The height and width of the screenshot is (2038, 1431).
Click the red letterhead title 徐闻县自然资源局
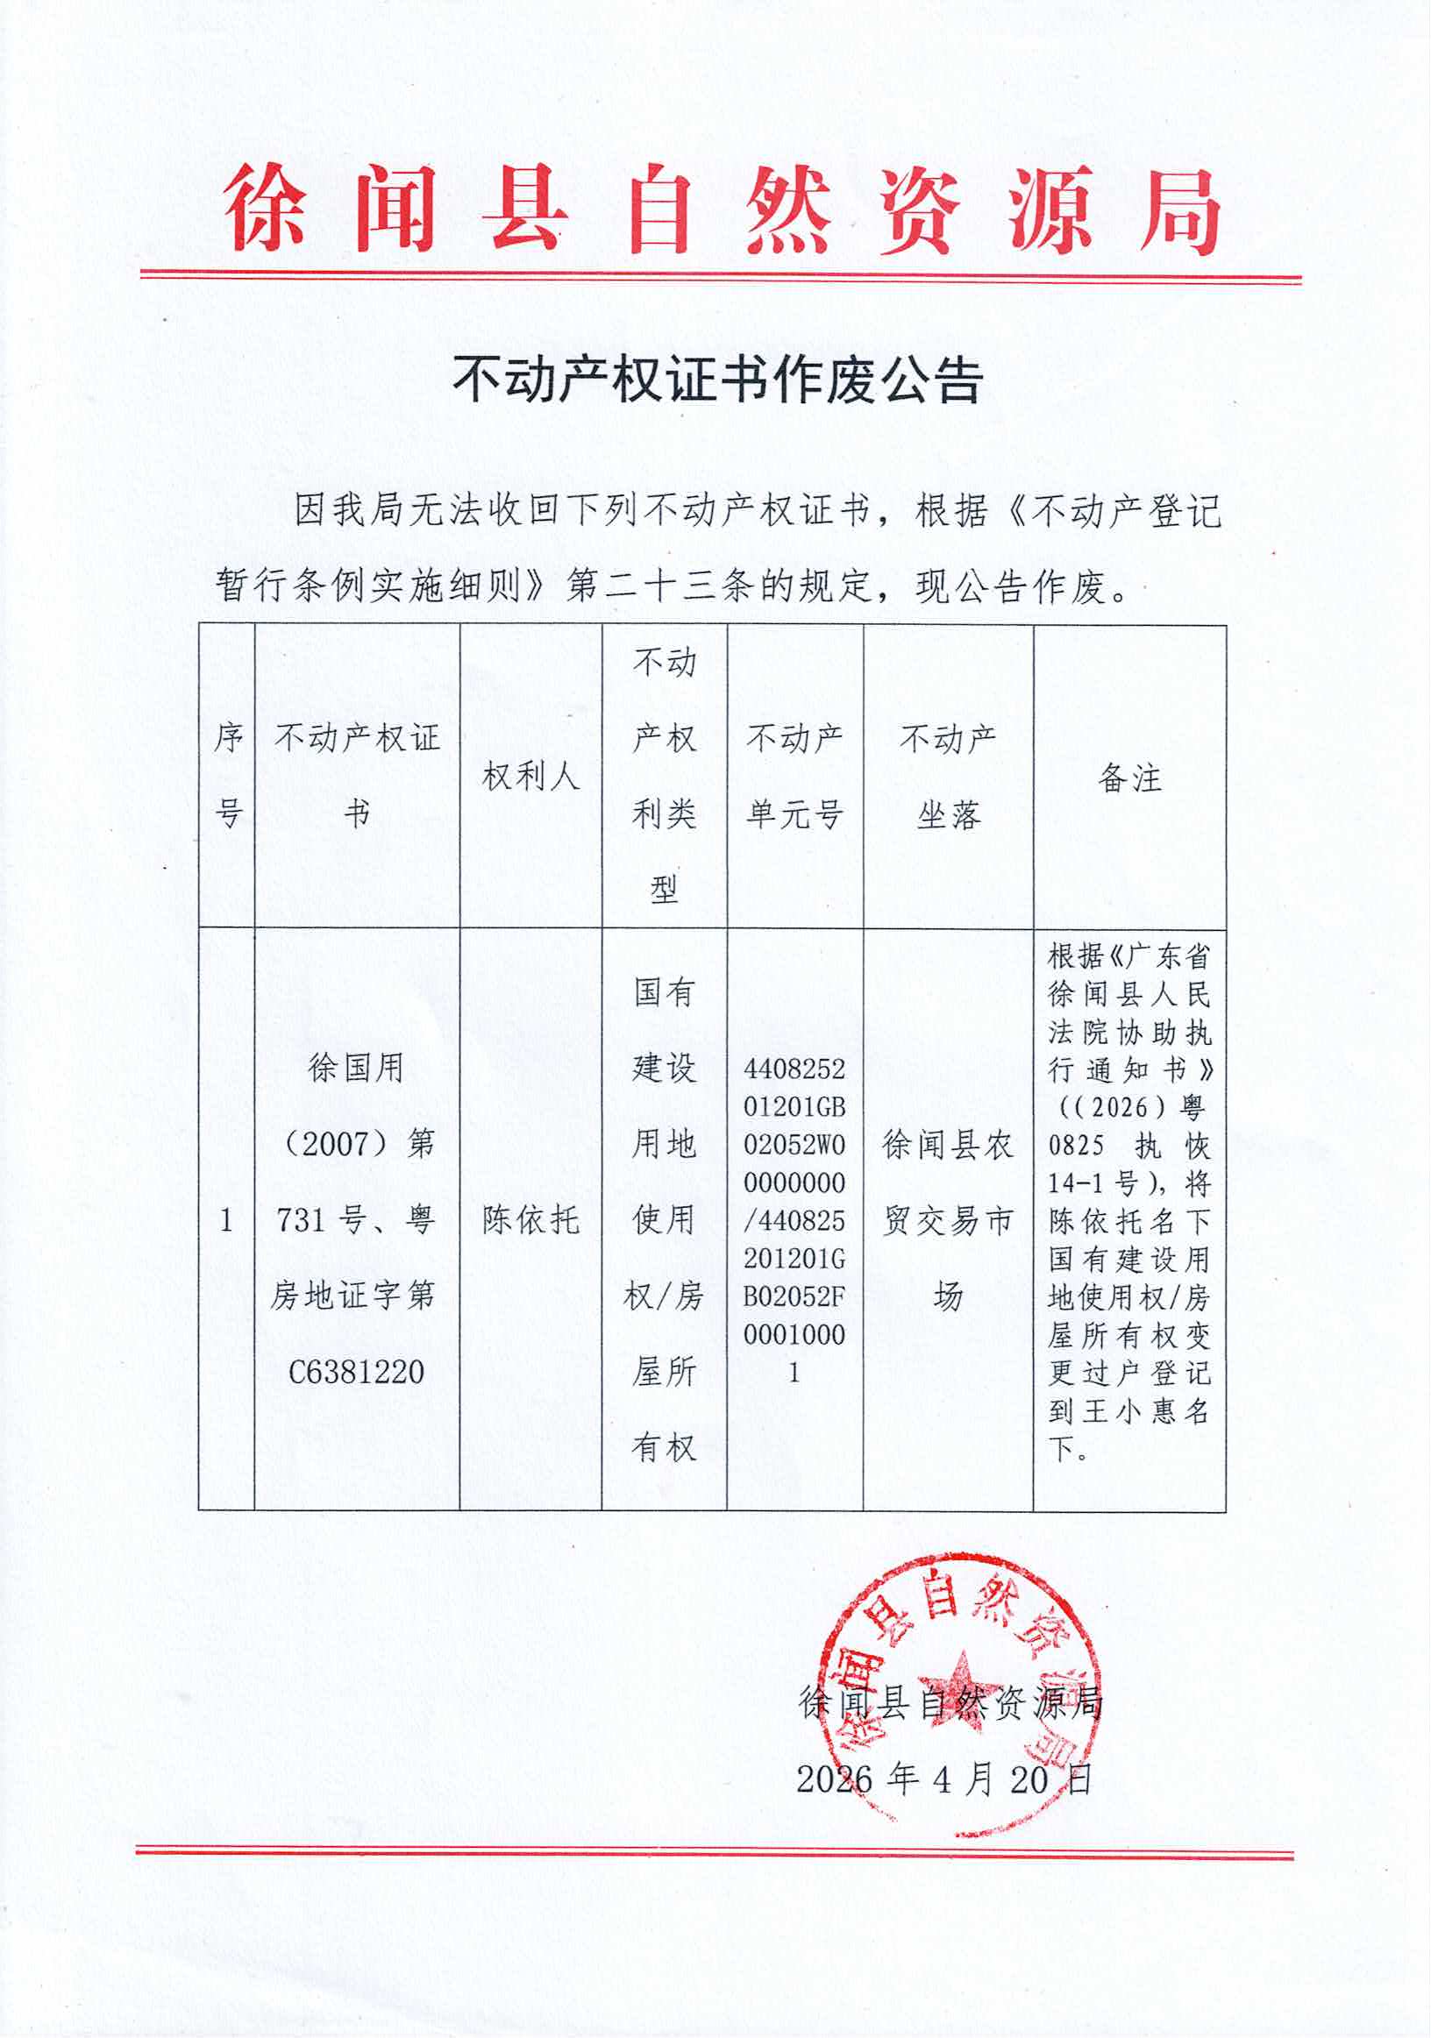tap(721, 209)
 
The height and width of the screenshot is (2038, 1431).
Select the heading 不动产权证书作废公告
tap(717, 380)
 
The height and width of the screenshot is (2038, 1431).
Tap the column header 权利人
tap(530, 777)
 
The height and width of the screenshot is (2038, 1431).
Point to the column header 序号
tap(227, 775)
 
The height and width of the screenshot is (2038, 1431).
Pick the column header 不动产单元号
tap(794, 775)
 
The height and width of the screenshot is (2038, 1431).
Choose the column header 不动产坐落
tap(948, 775)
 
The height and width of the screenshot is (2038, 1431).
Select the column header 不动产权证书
tap(357, 775)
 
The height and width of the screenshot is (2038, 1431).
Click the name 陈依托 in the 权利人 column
tap(530, 1220)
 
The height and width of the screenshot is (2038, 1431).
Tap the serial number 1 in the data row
tap(226, 1220)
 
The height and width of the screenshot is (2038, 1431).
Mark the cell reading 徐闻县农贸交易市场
tap(948, 1220)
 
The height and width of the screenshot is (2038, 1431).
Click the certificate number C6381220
tap(357, 1373)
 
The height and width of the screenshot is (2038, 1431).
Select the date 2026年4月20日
tap(943, 1779)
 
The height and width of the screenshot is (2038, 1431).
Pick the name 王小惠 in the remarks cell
tap(1129, 1410)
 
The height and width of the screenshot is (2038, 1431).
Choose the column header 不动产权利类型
tap(664, 775)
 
